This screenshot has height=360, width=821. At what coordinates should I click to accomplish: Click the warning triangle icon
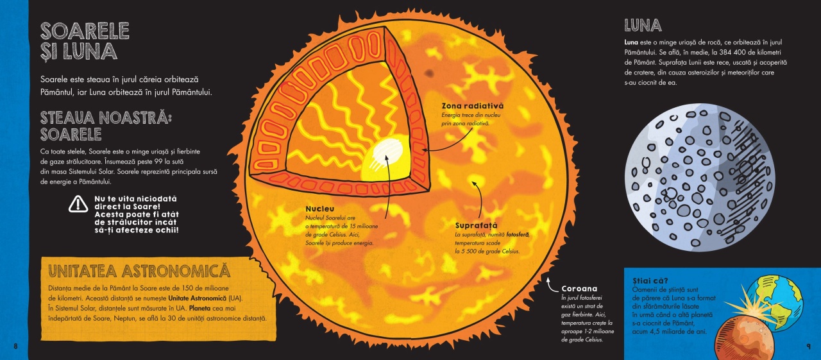pyautogui.click(x=78, y=204)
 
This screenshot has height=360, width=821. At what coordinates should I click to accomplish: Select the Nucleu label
pyautogui.click(x=319, y=209)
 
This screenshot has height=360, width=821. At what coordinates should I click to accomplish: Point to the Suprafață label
pyautogui.click(x=476, y=225)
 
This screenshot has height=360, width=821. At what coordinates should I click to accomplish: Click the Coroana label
pyautogui.click(x=579, y=289)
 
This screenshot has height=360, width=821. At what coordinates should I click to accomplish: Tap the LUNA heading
pyautogui.click(x=643, y=25)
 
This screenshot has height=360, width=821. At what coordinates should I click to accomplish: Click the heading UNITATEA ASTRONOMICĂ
pyautogui.click(x=139, y=271)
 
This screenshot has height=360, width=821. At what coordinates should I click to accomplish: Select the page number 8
pyautogui.click(x=15, y=346)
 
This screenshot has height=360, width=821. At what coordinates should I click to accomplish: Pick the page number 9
pyautogui.click(x=809, y=346)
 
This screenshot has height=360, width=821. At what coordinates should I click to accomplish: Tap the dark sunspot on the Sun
pyautogui.click(x=429, y=73)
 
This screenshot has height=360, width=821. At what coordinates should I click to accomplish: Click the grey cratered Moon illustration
pyautogui.click(x=700, y=177)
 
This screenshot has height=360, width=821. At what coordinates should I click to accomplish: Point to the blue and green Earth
pyautogui.click(x=777, y=302)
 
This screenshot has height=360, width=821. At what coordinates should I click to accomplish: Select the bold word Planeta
pyautogui.click(x=199, y=308)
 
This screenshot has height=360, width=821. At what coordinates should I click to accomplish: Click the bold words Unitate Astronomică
pyautogui.click(x=197, y=298)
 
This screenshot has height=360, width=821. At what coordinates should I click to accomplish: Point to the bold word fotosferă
pyautogui.click(x=518, y=234)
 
